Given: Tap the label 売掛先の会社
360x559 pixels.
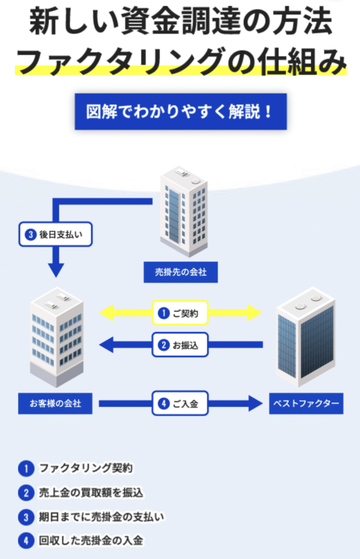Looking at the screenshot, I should click(181, 272).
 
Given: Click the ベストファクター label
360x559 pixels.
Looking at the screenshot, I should click(306, 405).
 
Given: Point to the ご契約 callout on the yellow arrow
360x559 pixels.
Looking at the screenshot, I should click(180, 313).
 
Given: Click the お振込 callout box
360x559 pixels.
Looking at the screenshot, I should click(180, 345).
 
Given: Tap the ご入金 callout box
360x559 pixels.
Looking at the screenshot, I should click(180, 405).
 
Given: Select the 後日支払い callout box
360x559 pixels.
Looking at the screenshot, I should click(56, 235).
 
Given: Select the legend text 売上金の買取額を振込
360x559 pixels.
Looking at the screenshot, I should click(91, 493).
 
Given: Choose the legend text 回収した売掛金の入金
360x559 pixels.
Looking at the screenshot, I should click(91, 541).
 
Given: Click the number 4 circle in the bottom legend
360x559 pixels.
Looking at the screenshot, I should click(25, 541).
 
